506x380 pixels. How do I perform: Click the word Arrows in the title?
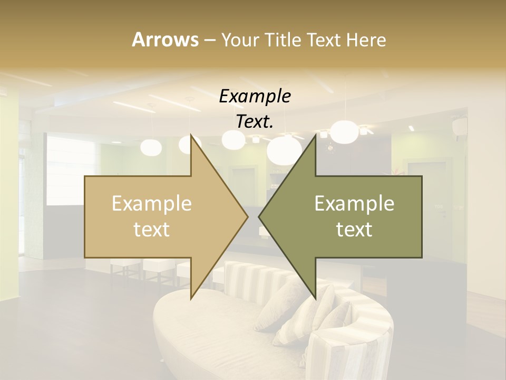coord(165,40)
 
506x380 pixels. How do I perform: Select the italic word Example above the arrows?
coord(255,96)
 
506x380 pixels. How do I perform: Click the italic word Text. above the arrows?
coord(255,121)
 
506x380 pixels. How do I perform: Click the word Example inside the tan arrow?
coord(152,204)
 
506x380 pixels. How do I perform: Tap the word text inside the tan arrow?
coord(152,229)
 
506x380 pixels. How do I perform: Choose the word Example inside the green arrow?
coord(354,204)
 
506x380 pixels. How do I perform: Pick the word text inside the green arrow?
coord(354,229)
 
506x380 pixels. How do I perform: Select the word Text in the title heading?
coord(325,40)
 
